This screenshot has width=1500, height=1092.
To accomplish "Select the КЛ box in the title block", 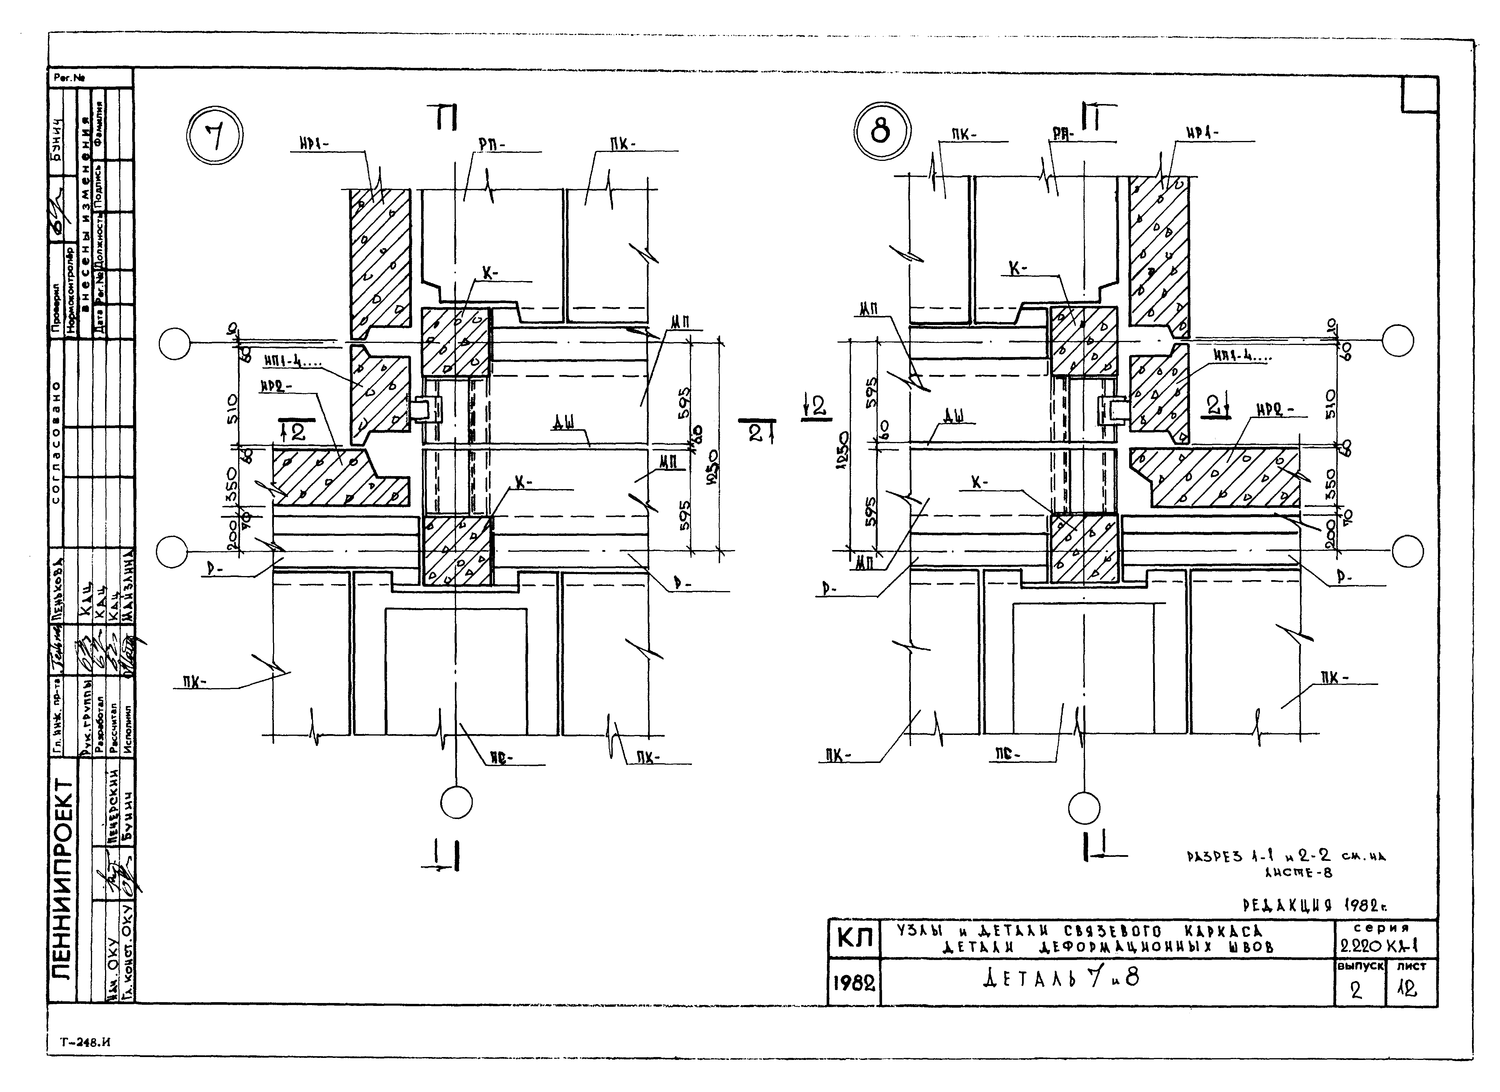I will [855, 939].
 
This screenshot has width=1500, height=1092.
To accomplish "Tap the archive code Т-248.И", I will [85, 1042].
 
